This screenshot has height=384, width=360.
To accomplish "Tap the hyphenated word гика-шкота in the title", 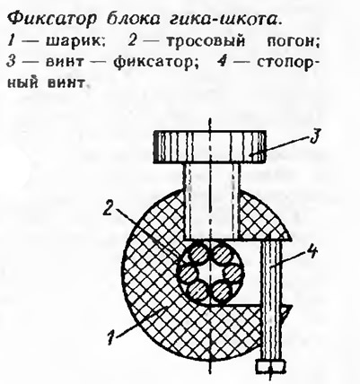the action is click(224, 20).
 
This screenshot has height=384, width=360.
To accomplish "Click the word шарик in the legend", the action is click(75, 42).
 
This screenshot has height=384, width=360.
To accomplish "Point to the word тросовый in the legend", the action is click(206, 42).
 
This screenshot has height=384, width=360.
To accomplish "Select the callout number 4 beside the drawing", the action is click(311, 252).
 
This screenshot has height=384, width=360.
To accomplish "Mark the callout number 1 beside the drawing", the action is click(112, 336).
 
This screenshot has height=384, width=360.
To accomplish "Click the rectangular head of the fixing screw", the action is click(209, 147).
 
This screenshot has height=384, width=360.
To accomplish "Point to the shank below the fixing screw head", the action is click(212, 201).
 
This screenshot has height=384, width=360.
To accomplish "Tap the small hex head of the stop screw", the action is click(270, 366).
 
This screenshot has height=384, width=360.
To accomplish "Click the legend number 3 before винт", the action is click(11, 63).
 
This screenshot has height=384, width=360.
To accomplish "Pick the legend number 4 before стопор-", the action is click(222, 63).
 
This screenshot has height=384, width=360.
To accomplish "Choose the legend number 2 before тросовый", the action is click(132, 42).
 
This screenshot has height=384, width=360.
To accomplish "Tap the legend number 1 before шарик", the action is click(11, 42).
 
